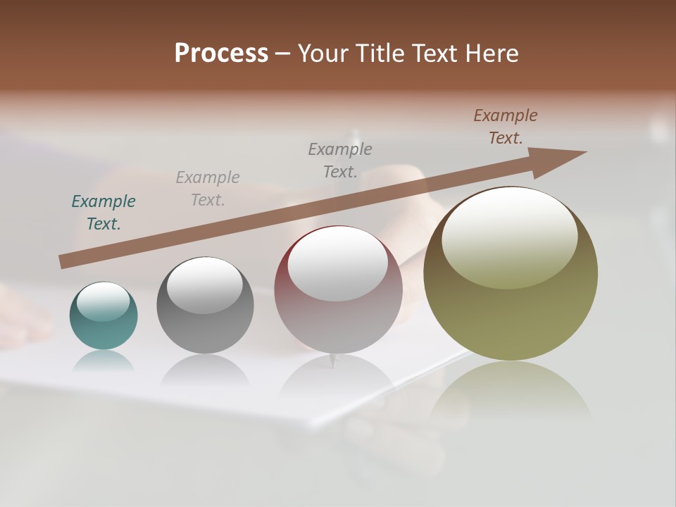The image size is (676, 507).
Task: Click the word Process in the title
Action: click(x=221, y=54)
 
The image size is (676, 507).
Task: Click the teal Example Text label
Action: click(x=104, y=212)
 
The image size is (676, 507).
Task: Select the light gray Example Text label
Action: click(x=208, y=188)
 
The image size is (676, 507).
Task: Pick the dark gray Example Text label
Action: click(x=340, y=160)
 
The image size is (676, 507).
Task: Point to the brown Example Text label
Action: click(x=506, y=126)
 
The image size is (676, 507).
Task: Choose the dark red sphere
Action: click(x=338, y=310)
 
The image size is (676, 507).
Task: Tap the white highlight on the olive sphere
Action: click(x=510, y=236)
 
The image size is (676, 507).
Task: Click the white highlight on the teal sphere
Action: click(x=103, y=301)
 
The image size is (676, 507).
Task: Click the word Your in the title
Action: click(x=320, y=54)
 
